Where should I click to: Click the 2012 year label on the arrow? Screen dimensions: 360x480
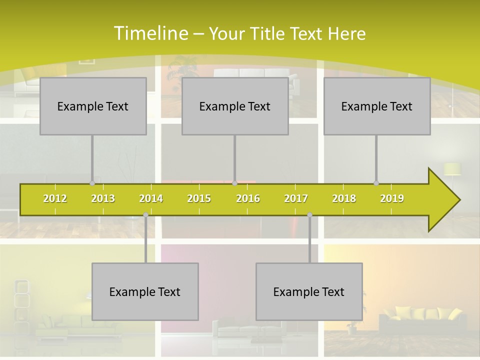pyautogui.click(x=55, y=198)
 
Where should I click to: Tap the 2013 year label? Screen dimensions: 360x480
pyautogui.click(x=103, y=198)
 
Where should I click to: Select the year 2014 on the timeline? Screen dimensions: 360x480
pyautogui.click(x=151, y=198)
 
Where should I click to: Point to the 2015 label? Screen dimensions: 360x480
pyautogui.click(x=199, y=198)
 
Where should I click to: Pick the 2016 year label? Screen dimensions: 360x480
pyautogui.click(x=248, y=198)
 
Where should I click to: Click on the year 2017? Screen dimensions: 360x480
pyautogui.click(x=296, y=198)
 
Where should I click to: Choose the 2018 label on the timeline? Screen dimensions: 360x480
pyautogui.click(x=344, y=198)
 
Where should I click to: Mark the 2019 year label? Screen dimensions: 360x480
pyautogui.click(x=392, y=198)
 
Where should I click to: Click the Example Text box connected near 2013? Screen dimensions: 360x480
pyautogui.click(x=93, y=106)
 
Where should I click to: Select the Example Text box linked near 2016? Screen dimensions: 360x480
pyautogui.click(x=235, y=106)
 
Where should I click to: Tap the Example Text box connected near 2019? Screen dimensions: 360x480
pyautogui.click(x=377, y=106)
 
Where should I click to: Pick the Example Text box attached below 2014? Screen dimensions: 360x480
pyautogui.click(x=145, y=292)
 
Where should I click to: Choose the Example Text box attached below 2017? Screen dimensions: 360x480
pyautogui.click(x=309, y=292)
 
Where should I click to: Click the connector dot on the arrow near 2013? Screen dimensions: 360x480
pyautogui.click(x=92, y=183)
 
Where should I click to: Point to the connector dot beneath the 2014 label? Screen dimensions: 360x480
pyautogui.click(x=145, y=215)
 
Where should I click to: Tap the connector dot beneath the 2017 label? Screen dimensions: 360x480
pyautogui.click(x=309, y=215)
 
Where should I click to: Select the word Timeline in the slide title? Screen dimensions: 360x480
pyautogui.click(x=150, y=33)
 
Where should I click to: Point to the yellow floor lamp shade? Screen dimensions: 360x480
pyautogui.click(x=452, y=169)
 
